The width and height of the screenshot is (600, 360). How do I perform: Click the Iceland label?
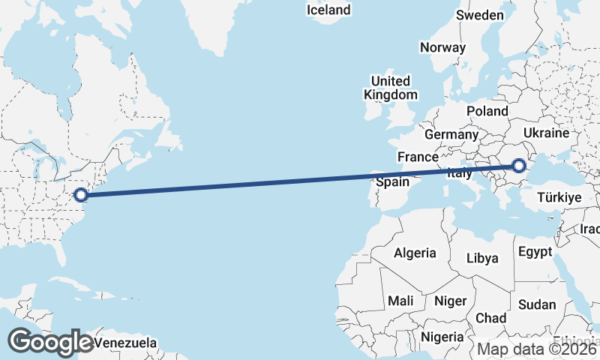(328, 10)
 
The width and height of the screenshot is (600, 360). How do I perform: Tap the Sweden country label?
(480, 15)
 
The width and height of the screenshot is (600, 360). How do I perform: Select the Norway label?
(442, 47)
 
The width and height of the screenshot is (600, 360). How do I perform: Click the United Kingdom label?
(390, 88)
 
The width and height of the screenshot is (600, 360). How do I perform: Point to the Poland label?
(487, 111)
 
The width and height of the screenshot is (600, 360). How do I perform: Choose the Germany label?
(451, 135)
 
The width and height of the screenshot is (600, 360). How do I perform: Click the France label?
(418, 157)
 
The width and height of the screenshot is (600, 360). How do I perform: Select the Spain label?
(392, 182)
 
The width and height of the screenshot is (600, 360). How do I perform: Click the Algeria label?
(415, 252)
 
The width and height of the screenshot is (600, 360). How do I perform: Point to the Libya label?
(482, 258)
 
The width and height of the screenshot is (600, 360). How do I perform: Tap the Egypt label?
(535, 251)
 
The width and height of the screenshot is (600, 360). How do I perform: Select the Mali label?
(400, 301)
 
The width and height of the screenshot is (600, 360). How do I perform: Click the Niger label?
(450, 301)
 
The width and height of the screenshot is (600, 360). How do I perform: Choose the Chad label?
(490, 318)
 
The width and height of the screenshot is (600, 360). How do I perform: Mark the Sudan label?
(537, 304)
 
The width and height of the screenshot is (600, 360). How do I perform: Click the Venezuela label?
(126, 343)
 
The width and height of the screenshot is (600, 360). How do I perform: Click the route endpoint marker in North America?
(82, 195)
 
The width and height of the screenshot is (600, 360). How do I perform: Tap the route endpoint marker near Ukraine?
(518, 166)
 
